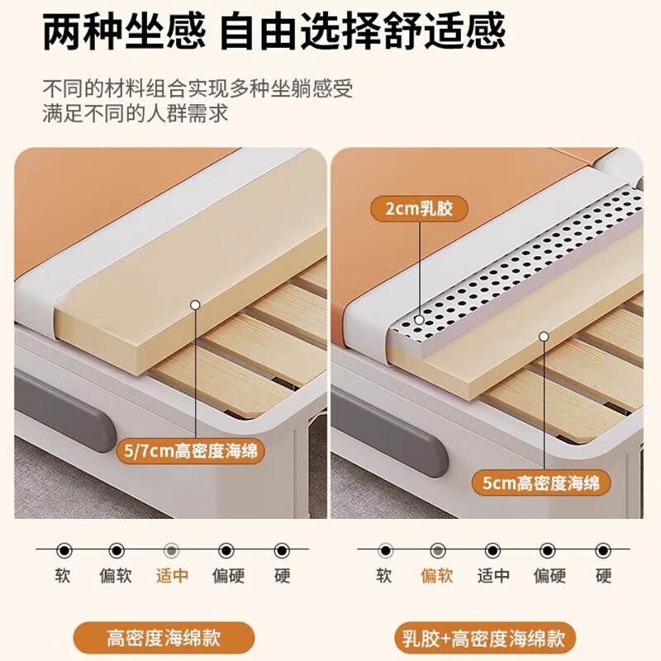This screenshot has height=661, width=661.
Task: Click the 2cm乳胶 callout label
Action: [x=420, y=209]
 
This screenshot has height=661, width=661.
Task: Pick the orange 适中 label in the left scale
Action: [x=172, y=576]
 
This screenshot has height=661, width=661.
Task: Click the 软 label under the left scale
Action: [x=63, y=576]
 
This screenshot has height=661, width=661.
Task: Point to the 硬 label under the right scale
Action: [x=603, y=576]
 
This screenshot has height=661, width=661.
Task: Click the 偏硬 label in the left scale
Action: [x=227, y=576]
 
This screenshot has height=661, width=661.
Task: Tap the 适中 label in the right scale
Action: [x=493, y=576]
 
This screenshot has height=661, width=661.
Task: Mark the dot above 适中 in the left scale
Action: [x=172, y=550]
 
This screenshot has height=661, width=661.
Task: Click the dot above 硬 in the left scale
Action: [x=282, y=550]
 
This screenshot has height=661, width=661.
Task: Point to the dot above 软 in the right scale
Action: [x=384, y=550]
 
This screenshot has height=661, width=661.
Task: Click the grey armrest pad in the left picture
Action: [x=66, y=409]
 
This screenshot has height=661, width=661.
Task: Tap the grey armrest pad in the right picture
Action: [x=388, y=430]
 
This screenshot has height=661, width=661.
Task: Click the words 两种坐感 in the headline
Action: [x=122, y=33]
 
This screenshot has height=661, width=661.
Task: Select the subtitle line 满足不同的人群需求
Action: [x=136, y=113]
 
